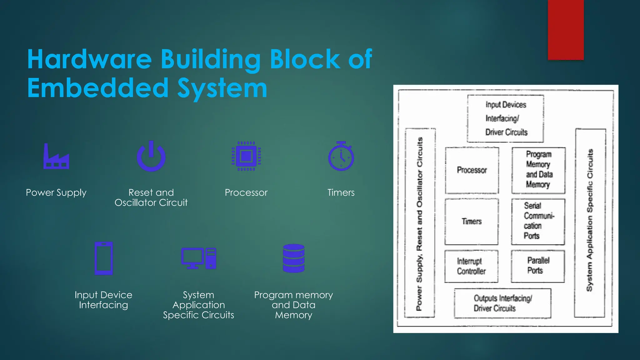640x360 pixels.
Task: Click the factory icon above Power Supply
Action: tap(56, 157)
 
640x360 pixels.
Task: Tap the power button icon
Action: tap(151, 157)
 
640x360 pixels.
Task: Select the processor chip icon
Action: tap(246, 156)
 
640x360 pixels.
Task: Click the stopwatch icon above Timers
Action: tap(341, 157)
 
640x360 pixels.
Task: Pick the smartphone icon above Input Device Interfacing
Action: tap(103, 258)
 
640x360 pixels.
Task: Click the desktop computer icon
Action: tap(199, 258)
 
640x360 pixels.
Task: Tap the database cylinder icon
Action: tap(293, 258)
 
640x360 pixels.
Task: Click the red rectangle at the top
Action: tap(566, 30)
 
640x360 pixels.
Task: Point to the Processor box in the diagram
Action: tap(472, 170)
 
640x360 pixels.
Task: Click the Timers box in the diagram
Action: tap(472, 222)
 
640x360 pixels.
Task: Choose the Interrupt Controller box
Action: tap(471, 266)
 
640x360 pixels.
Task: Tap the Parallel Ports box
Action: tap(538, 266)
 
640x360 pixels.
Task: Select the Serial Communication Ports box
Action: tap(538, 221)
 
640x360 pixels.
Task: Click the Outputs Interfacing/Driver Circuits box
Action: tap(502, 303)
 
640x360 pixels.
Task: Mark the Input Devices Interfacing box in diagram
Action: tap(506, 119)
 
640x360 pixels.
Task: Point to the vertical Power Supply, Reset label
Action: tap(420, 224)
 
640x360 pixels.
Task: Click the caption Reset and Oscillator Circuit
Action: tap(151, 197)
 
